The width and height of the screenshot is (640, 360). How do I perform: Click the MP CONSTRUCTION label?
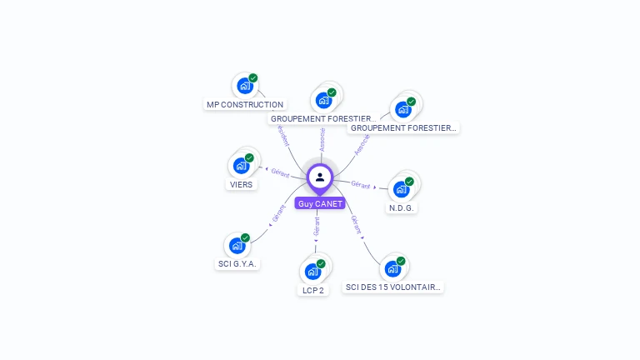pyautogui.click(x=245, y=105)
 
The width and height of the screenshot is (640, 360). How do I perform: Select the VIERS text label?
pyautogui.click(x=241, y=185)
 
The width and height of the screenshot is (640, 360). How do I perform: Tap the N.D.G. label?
pyautogui.click(x=402, y=207)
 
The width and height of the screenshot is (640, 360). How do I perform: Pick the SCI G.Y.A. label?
pyautogui.click(x=237, y=264)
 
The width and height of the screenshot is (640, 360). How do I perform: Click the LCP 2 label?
pyautogui.click(x=312, y=290)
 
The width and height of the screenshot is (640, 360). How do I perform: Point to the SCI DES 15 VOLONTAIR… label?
pyautogui.click(x=392, y=287)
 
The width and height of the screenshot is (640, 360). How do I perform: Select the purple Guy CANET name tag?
pyautogui.click(x=320, y=203)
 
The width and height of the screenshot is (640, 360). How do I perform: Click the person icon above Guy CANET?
pyautogui.click(x=320, y=177)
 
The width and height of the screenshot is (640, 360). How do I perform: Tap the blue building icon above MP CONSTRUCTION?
pyautogui.click(x=245, y=86)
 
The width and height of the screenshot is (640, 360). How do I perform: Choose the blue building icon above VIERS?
pyautogui.click(x=241, y=165)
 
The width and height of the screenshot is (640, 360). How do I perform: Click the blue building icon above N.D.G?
pyautogui.click(x=402, y=188)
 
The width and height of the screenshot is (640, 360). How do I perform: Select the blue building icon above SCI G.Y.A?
pyautogui.click(x=237, y=245)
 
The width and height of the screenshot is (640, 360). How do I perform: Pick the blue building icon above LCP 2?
pyautogui.click(x=312, y=271)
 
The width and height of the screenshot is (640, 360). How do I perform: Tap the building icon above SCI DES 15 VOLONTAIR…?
pyautogui.click(x=392, y=268)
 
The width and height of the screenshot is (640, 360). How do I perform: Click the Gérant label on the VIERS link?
pyautogui.click(x=280, y=172)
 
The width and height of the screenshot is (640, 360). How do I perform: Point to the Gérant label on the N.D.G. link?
pyautogui.click(x=361, y=184)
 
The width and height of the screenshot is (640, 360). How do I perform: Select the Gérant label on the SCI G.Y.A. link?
pyautogui.click(x=279, y=213)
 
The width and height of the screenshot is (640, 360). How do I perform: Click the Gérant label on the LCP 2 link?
pyautogui.click(x=317, y=227)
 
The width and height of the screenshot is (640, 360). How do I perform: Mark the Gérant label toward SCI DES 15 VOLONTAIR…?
pyautogui.click(x=356, y=223)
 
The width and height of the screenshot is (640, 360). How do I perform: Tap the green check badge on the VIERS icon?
pyautogui.click(x=249, y=157)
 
